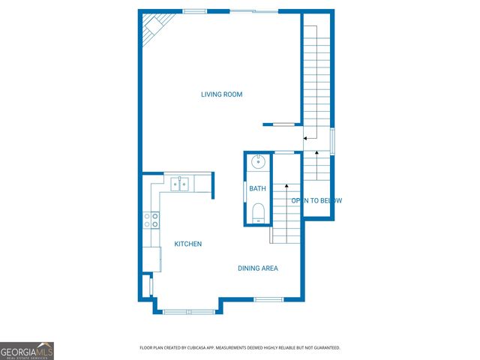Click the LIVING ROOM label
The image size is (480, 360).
pos(221,94)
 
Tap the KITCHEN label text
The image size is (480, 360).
pos(187,244)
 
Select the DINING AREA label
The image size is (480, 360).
pos(258,268)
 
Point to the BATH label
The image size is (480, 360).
pos(257,189)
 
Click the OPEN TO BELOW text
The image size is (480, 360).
pos(316,200)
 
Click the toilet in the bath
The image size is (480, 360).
pos(257,212)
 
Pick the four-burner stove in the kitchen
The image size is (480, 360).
pos(151,219)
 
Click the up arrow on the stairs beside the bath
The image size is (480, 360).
pos(286,187)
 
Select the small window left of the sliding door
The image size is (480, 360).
pos(194,11)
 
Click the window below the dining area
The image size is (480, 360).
pos(268,299)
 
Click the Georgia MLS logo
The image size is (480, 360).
pos(27,350)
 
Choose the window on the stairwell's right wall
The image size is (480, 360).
pos(332,142)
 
